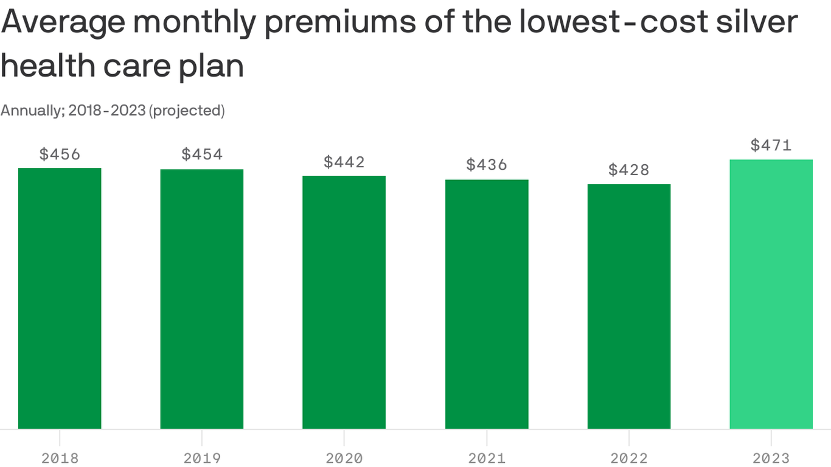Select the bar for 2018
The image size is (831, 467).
(60, 298)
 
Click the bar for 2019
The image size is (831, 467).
(202, 299)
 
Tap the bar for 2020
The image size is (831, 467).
(344, 302)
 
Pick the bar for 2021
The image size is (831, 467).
(487, 304)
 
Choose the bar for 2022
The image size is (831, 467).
(629, 306)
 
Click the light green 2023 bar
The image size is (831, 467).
(771, 294)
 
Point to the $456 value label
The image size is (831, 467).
(60, 154)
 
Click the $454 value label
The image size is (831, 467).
(202, 154)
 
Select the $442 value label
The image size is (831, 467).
(344, 162)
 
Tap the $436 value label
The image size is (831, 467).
(487, 165)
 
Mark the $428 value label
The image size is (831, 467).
(629, 170)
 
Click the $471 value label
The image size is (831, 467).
(771, 145)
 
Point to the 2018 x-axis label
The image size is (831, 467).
(60, 458)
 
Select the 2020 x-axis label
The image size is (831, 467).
(344, 458)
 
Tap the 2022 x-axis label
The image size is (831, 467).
(629, 458)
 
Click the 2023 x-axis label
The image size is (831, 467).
(771, 458)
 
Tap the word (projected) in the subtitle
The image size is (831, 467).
(187, 111)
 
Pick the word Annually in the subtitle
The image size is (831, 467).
(32, 111)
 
